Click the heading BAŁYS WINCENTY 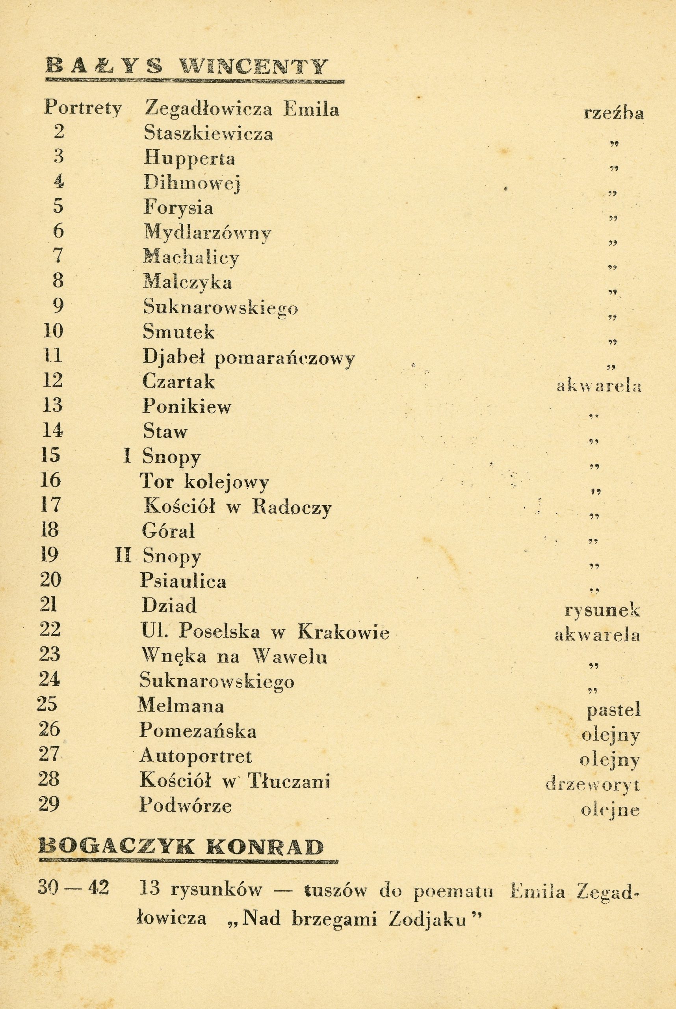[186, 67]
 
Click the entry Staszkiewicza [208, 134]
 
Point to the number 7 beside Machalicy [59, 256]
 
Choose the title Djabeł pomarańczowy [249, 357]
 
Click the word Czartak [178, 382]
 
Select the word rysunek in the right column [602, 611]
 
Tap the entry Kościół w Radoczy [238, 507]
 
